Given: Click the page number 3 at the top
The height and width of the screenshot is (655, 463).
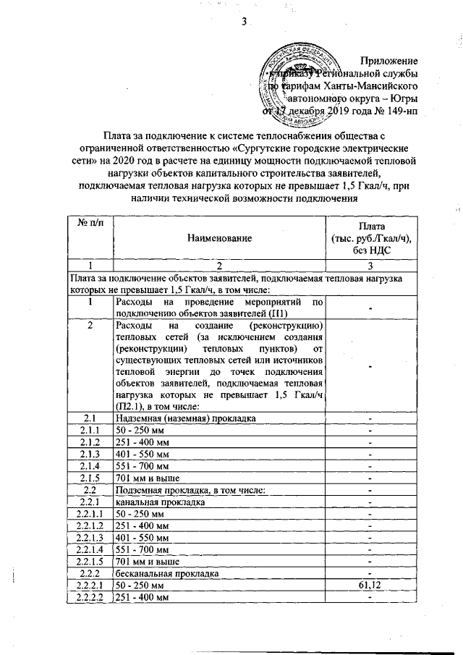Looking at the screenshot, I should coord(245,22).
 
